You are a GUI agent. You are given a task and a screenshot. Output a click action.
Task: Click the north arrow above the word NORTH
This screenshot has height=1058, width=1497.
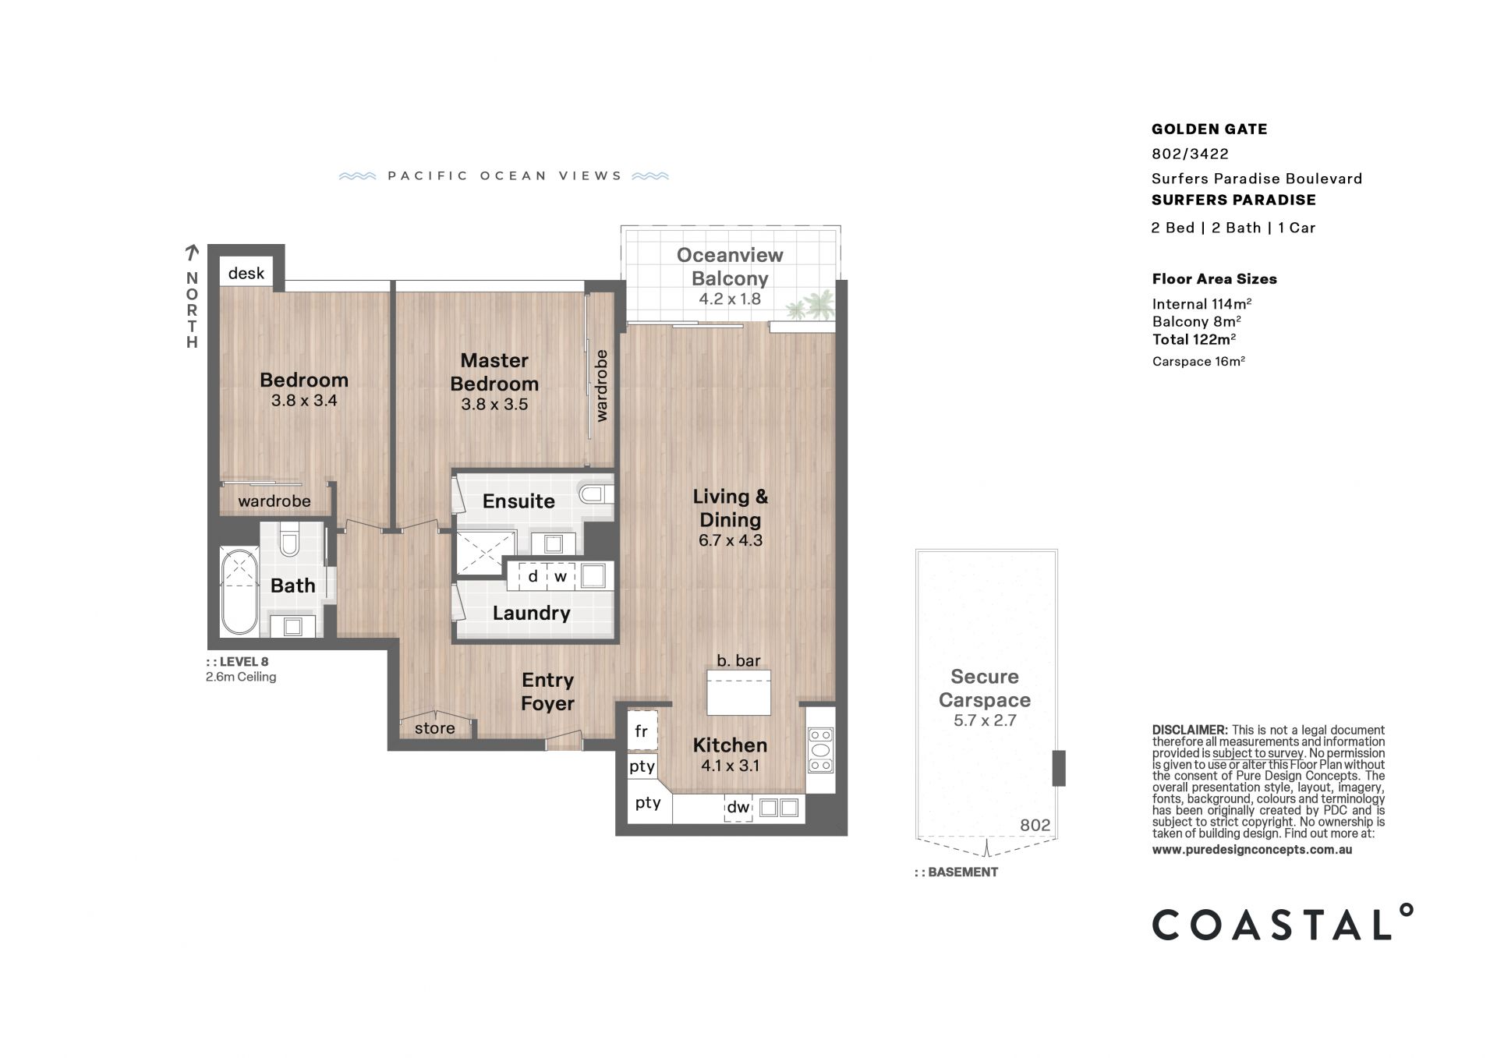click(192, 252)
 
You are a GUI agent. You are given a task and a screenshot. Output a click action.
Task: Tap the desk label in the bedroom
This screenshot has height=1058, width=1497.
click(246, 273)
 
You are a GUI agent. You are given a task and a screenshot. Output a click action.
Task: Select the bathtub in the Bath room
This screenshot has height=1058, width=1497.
click(239, 593)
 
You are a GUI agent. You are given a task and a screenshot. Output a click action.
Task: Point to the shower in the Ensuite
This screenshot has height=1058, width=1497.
click(486, 553)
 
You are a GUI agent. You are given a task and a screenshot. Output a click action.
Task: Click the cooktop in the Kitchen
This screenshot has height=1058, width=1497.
click(820, 750)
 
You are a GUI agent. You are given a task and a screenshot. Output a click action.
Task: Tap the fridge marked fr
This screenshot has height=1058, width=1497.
click(642, 731)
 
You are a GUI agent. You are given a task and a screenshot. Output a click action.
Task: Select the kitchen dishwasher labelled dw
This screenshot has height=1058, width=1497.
click(738, 808)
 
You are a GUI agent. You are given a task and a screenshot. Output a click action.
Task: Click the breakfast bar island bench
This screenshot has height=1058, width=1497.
click(738, 692)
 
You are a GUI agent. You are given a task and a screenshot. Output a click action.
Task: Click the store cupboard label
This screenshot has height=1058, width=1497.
click(434, 728)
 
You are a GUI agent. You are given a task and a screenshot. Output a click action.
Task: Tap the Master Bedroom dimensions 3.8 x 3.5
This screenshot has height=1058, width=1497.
click(494, 405)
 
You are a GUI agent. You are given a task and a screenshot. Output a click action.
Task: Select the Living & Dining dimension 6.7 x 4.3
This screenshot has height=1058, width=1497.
click(731, 540)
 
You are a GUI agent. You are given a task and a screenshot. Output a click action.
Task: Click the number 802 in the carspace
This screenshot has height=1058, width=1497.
click(1035, 826)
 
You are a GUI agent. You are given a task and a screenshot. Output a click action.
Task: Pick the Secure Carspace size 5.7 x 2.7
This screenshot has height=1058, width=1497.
click(985, 720)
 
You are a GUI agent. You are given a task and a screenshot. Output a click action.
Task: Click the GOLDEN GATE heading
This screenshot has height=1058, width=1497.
click(1209, 129)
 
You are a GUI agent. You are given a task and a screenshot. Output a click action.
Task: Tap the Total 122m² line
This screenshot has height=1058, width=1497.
click(1194, 339)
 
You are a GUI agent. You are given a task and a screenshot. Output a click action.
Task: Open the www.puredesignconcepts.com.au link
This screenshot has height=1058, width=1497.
click(1252, 850)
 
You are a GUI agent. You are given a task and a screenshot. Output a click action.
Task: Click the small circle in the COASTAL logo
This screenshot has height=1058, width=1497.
click(1406, 911)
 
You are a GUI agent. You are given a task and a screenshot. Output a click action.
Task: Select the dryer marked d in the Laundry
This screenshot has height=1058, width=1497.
click(533, 577)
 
